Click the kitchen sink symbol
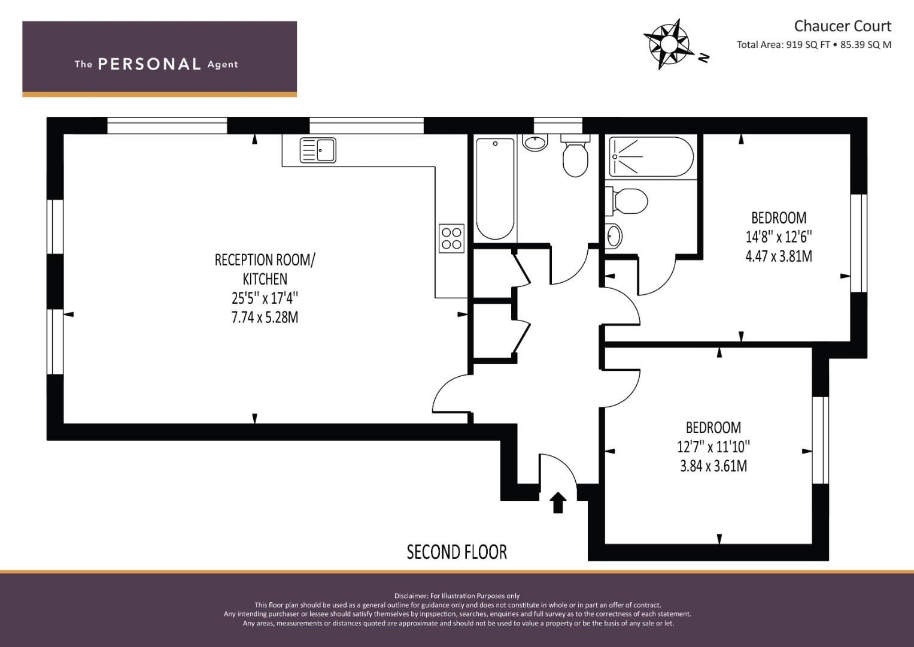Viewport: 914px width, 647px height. pyautogui.click(x=318, y=150)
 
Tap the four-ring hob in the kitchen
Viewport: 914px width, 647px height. pyautogui.click(x=451, y=237)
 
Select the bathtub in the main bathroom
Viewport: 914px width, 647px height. pyautogui.click(x=494, y=189)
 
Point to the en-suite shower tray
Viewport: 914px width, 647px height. pyautogui.click(x=651, y=157)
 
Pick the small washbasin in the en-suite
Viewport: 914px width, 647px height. pyautogui.click(x=614, y=235)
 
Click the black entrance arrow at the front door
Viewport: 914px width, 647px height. pyautogui.click(x=558, y=502)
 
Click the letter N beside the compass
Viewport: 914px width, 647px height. pyautogui.click(x=704, y=58)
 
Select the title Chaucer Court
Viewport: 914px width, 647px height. pyautogui.click(x=842, y=26)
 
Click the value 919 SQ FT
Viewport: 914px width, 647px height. pyautogui.click(x=807, y=44)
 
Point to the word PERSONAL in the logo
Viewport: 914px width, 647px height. pyautogui.click(x=149, y=64)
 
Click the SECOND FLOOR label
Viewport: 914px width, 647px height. pyautogui.click(x=457, y=552)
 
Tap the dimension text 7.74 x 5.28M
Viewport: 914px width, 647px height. pyautogui.click(x=265, y=317)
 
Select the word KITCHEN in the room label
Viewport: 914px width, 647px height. pyautogui.click(x=265, y=279)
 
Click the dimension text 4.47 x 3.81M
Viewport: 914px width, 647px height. pyautogui.click(x=778, y=256)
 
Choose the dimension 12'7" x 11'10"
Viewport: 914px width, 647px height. pyautogui.click(x=713, y=446)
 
